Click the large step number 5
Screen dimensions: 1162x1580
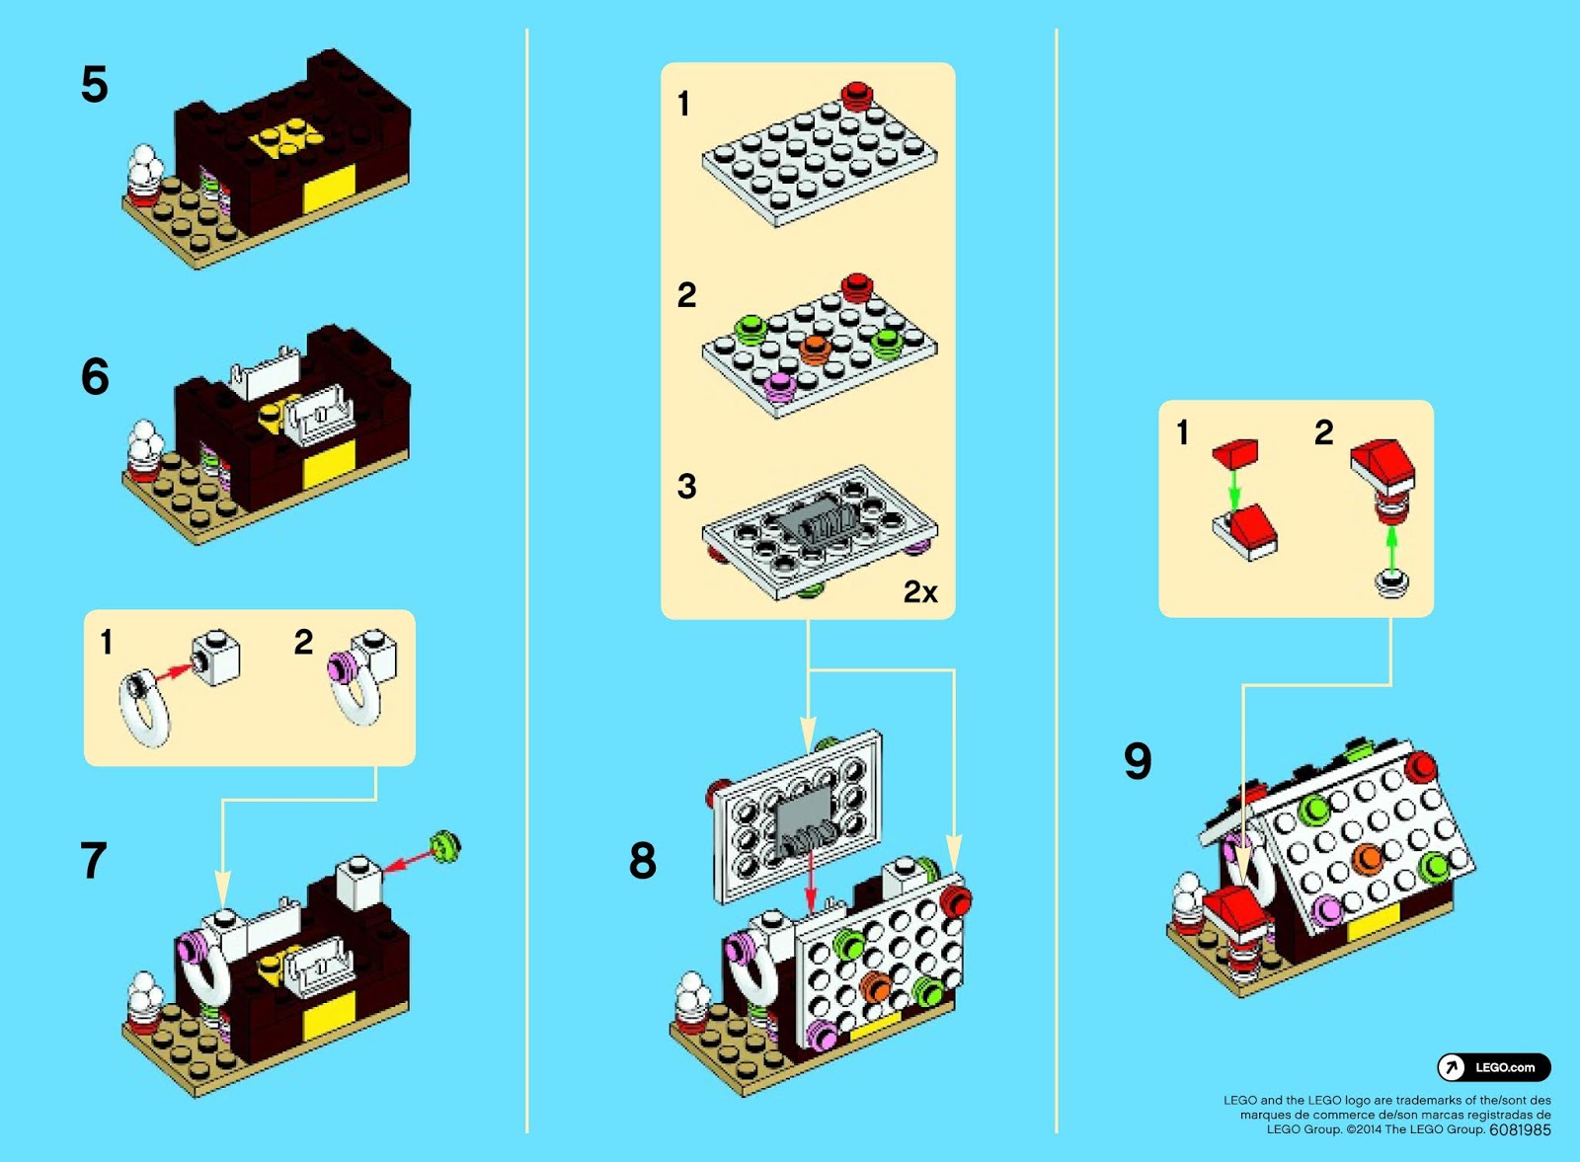94,85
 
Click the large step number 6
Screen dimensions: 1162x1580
95,376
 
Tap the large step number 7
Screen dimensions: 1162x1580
93,860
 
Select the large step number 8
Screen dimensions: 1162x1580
643,860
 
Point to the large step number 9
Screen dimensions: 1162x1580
1138,761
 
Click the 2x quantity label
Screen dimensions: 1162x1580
920,591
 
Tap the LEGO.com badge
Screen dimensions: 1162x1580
1493,1067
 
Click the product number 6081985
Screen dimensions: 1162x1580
1520,1129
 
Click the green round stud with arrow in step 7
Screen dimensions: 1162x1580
445,846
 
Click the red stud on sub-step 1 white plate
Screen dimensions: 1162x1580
856,95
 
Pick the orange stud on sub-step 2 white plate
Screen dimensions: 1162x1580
814,348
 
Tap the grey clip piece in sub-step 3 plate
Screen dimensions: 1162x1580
816,520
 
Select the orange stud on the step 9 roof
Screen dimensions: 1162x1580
1368,858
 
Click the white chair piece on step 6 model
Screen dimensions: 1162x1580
318,415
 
